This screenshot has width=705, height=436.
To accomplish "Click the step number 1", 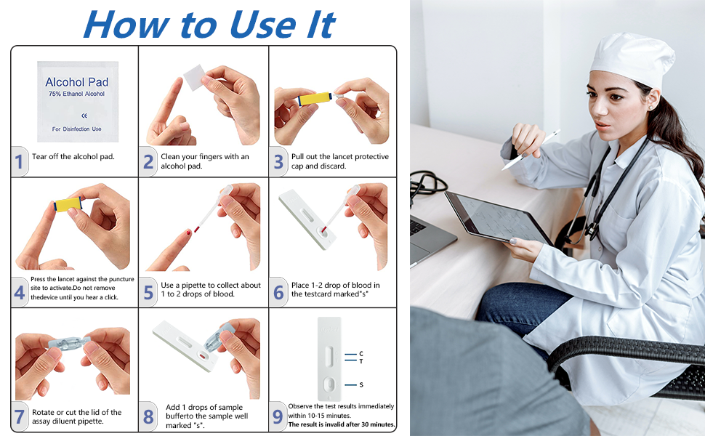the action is click(18, 161).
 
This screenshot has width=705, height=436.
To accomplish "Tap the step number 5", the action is click(148, 293).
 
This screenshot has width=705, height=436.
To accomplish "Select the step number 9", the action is click(278, 416).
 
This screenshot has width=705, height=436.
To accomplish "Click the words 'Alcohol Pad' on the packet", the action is click(77, 82).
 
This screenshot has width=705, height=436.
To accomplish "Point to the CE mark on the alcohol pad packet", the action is click(84, 116).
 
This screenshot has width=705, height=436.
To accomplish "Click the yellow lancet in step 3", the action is click(315, 98).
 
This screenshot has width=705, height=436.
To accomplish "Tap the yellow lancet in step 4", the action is click(68, 204).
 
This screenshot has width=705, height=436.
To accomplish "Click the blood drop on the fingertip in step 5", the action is click(188, 233).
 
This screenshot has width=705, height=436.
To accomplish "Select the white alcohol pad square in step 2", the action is click(194, 77).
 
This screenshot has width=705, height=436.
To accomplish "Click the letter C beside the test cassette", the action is click(361, 354).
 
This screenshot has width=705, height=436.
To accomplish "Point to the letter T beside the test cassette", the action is click(361, 361).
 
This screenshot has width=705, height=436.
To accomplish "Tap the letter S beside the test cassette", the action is click(361, 384).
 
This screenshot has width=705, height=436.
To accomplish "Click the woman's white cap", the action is click(633, 57).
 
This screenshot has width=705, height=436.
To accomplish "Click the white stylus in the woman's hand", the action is click(531, 150).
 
